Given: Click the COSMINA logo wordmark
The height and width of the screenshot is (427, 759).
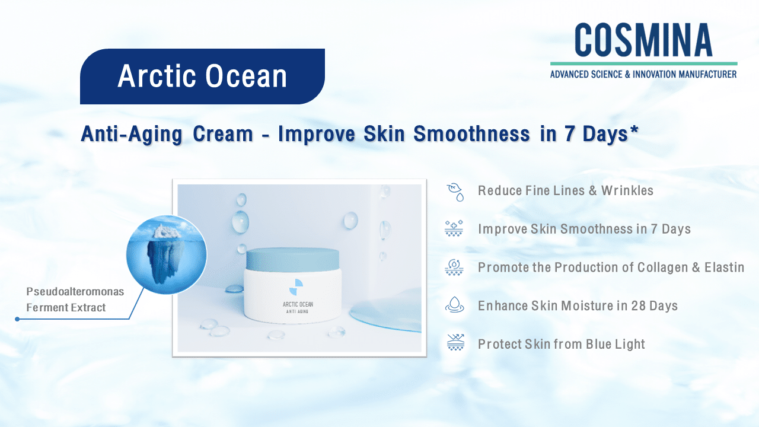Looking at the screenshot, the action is click(643, 40).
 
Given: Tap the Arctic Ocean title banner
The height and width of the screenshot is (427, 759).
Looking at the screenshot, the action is click(202, 77).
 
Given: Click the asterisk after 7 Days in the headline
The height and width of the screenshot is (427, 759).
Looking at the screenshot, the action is click(634, 130).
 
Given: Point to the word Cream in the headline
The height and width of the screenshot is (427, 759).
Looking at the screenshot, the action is click(223, 134).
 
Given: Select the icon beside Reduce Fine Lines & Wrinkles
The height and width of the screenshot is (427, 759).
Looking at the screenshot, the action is click(455, 192).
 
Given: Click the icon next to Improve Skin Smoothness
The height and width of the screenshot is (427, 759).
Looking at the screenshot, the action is click(454, 228).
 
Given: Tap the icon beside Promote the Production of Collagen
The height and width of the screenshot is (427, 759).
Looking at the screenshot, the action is click(454, 267).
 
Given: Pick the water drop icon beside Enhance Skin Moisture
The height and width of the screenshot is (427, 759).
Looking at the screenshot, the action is click(454, 305).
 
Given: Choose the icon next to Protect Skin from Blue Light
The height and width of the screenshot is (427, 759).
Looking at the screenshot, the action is click(455, 342).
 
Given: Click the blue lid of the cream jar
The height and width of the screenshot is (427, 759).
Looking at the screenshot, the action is click(292, 259).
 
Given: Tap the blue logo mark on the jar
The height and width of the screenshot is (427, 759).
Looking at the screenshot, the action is click(296, 287).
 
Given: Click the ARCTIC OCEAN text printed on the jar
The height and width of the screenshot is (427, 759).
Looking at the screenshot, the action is click(298, 304).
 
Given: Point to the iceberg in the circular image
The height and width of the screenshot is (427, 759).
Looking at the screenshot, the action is click(166, 255).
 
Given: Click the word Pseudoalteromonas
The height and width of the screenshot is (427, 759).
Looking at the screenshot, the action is click(75, 291).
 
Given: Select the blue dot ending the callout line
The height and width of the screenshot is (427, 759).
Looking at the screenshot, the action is click(17, 319).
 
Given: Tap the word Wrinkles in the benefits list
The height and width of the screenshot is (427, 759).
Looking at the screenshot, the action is click(627, 190).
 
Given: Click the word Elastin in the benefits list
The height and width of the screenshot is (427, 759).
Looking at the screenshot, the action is click(725, 267).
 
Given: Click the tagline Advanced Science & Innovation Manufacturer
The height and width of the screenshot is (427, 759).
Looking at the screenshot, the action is click(643, 74).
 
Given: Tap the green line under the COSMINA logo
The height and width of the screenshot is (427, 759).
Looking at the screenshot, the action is click(644, 63).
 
